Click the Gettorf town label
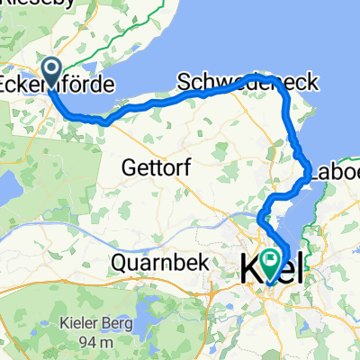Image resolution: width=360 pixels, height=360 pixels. [x=152, y=166]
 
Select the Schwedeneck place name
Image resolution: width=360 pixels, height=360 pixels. [x=247, y=82]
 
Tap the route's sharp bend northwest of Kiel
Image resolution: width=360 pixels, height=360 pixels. [x=262, y=218]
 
